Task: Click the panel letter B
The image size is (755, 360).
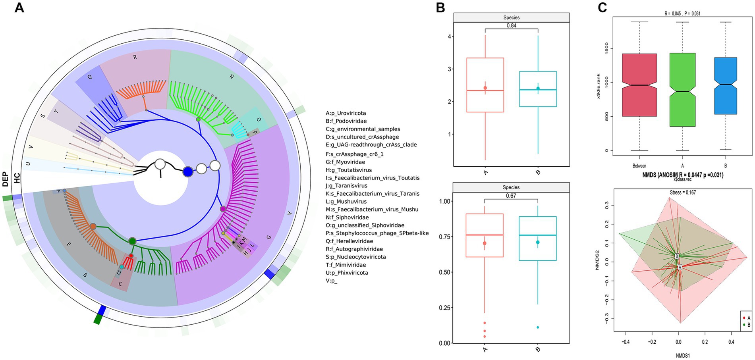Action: [x=440, y=8]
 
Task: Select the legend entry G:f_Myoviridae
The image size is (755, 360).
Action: [x=345, y=162]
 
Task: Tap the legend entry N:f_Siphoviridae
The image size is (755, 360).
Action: [x=347, y=218]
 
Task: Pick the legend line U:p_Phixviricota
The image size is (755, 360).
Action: [x=347, y=273]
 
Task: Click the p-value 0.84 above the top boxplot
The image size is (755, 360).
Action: [x=512, y=26]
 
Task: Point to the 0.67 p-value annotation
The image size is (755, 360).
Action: [x=511, y=196]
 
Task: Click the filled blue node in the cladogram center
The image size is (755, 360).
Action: [x=187, y=171]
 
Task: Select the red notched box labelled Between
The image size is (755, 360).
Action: [x=639, y=85]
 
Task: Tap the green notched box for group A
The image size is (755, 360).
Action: [x=682, y=90]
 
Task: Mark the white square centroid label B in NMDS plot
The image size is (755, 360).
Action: [x=677, y=256]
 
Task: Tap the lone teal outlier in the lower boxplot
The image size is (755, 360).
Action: [x=538, y=327]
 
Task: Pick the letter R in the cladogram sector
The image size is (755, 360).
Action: [x=135, y=57]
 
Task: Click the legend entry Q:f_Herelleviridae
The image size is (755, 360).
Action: [x=350, y=241]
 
